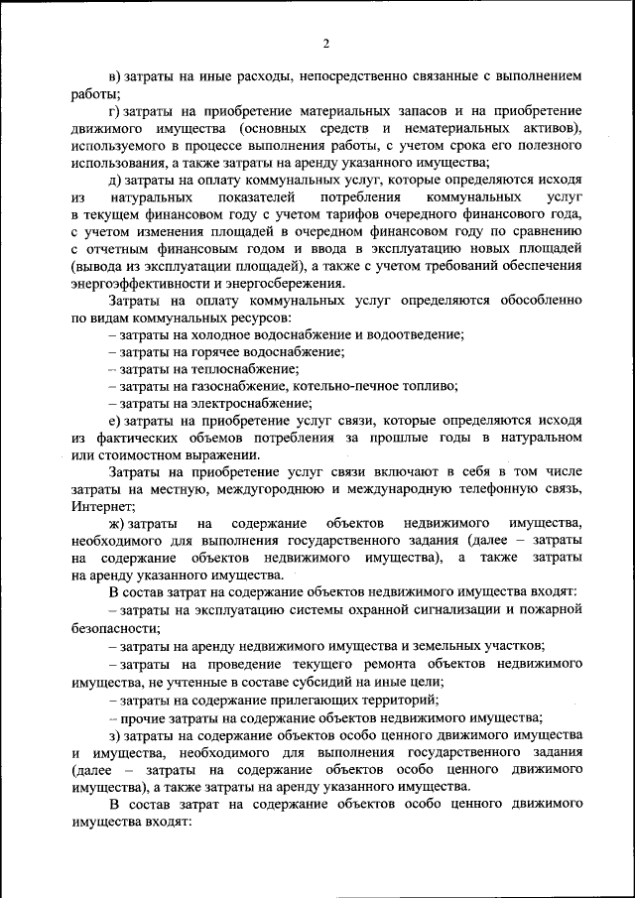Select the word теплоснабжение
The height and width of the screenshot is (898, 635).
[x=238, y=369]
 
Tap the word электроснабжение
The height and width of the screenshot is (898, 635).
[x=247, y=403]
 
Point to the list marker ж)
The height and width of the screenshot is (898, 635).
[x=116, y=523]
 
